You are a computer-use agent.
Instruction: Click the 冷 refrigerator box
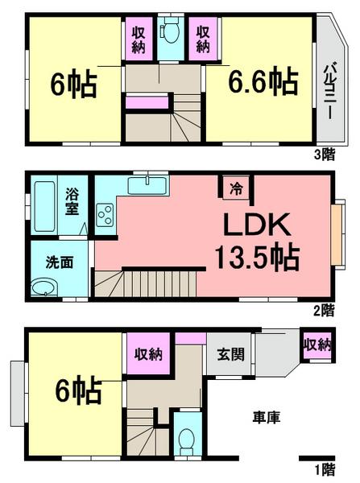click(x=236, y=189)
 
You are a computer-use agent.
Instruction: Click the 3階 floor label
click(x=324, y=155)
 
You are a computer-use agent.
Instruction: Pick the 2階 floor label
click(x=324, y=309)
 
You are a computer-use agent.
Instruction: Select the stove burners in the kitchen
click(x=105, y=215)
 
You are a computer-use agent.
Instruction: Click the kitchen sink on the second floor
click(x=148, y=187)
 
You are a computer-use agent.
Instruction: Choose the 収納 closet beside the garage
click(x=317, y=345)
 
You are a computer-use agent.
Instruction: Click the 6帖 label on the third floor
click(x=65, y=85)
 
